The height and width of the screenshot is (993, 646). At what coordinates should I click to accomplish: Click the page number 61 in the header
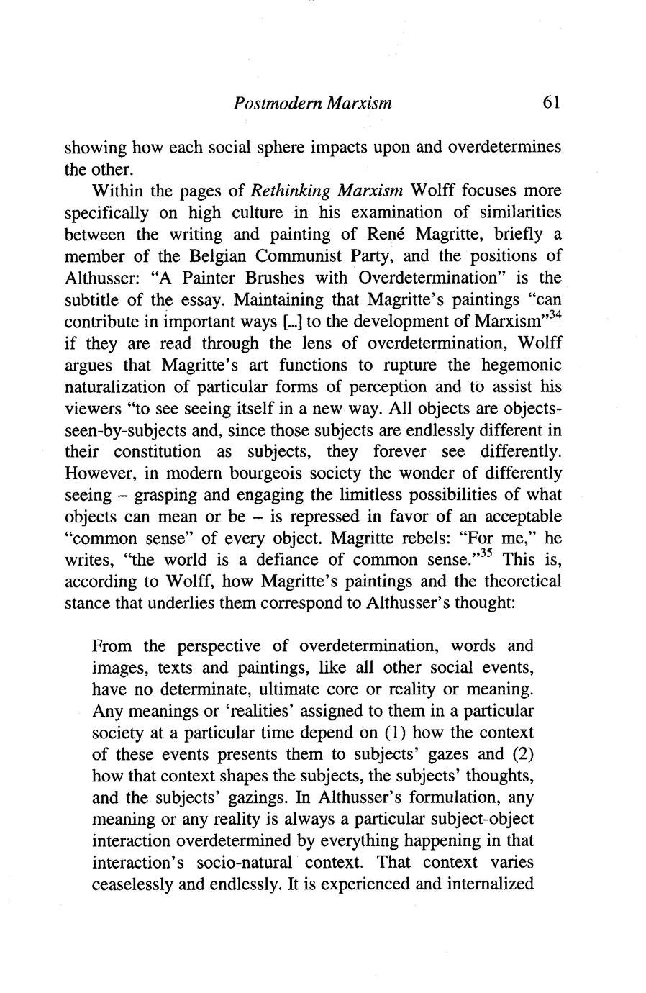[551, 103]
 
